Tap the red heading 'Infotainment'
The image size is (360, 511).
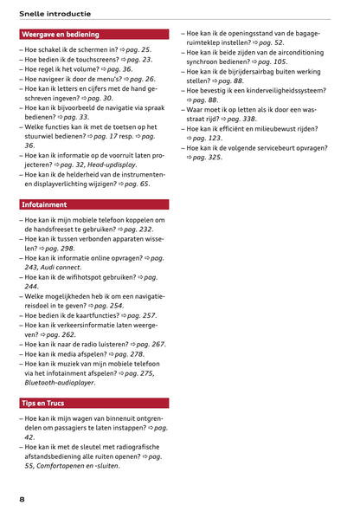[x=44, y=205]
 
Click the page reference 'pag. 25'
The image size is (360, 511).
[x=138, y=50]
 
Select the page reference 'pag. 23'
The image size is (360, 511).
[x=139, y=60]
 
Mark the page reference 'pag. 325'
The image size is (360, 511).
[x=209, y=158]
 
